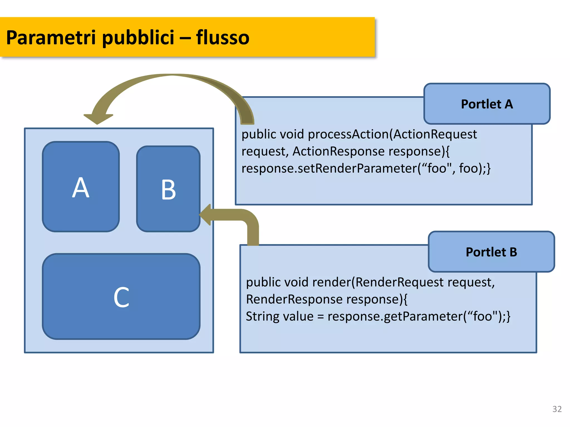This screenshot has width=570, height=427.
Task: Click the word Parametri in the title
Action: pos(51,38)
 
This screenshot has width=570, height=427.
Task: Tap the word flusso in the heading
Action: pos(223,38)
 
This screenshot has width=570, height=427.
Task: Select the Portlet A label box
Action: pos(487,104)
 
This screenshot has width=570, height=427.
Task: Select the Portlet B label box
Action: pos(491,252)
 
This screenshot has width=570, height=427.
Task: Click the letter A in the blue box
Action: pos(81,188)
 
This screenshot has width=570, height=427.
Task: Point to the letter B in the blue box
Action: pos(168,190)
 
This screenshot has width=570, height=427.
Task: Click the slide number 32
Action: pos(557,409)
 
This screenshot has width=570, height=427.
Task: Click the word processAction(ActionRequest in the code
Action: pos(392,134)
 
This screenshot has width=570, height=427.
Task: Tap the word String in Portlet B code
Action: pos(259,317)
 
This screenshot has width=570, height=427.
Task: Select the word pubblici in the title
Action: pos(138,38)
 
